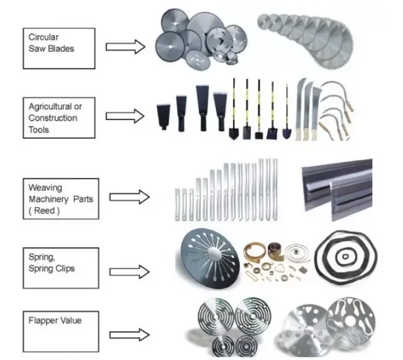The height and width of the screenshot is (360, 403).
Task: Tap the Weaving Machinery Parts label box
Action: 59,198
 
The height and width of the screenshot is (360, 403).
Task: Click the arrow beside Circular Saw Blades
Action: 125,46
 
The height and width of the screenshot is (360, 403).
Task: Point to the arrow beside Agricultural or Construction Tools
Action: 125,117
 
